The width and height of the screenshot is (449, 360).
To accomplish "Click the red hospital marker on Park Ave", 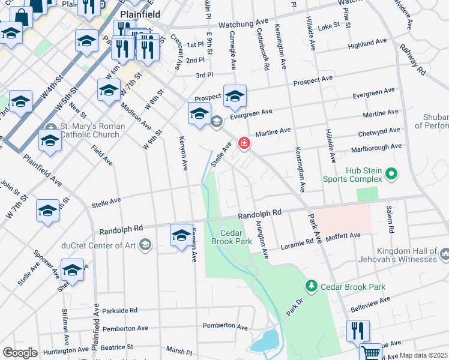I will [244, 143].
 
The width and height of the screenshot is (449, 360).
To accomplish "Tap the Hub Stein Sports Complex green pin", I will [392, 175].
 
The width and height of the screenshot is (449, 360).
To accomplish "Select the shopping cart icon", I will [372, 353].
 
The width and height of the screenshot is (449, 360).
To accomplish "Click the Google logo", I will [20, 353].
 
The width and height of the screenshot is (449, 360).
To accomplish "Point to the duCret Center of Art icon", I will [145, 244].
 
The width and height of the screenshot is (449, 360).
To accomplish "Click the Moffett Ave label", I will [343, 236].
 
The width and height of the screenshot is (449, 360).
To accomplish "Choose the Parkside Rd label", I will [119, 311].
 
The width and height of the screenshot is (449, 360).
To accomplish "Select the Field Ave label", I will [103, 155].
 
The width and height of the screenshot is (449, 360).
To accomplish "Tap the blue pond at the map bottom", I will [265, 341].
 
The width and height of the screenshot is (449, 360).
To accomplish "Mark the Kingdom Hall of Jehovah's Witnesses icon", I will [444, 255].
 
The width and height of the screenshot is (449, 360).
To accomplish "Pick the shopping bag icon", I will [21, 16].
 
